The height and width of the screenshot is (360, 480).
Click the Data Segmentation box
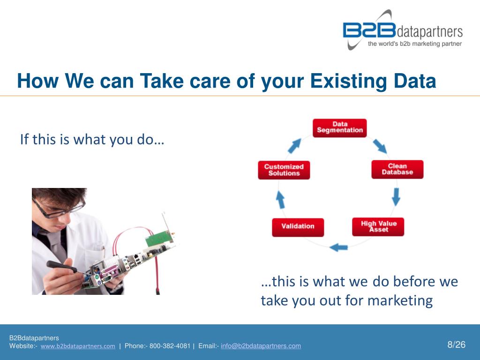click(x=339, y=128)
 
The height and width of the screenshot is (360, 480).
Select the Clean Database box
click(x=397, y=169)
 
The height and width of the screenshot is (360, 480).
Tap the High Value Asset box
click(x=378, y=227)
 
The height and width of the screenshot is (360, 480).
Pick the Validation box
click(x=298, y=227)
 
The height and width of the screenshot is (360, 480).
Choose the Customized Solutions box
click(x=284, y=170)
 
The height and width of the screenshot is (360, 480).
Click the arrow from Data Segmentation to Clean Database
click(x=380, y=146)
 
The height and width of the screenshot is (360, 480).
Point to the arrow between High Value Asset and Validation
click(x=338, y=247)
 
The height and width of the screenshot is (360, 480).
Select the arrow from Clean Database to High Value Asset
click(x=396, y=196)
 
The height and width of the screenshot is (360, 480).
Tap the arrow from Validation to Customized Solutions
click(x=280, y=200)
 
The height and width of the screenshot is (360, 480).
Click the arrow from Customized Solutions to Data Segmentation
click(x=294, y=146)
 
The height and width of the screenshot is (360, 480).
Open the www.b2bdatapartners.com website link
click(x=78, y=346)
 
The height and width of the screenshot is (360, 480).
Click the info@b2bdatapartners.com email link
click(x=261, y=346)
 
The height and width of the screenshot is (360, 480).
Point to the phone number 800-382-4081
click(x=170, y=346)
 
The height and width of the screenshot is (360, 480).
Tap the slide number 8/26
click(x=456, y=345)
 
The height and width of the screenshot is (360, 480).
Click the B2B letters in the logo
click(x=369, y=30)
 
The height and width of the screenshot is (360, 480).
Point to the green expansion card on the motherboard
click(x=160, y=238)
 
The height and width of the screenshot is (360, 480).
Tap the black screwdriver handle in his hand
click(x=61, y=267)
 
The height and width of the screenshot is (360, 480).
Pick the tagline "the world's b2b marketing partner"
click(x=415, y=44)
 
